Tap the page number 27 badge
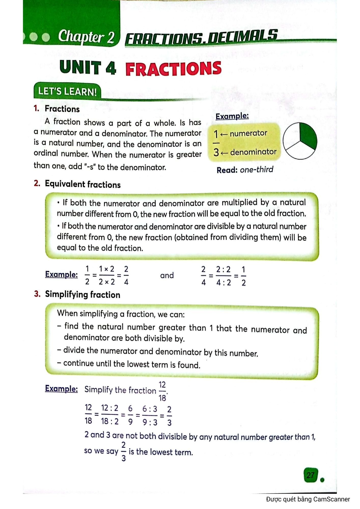pyautogui.click(x=310, y=475)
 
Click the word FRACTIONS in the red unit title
pyautogui.click(x=173, y=69)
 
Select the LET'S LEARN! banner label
pyautogui.click(x=67, y=91)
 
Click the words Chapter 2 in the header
pyautogui.click(x=86, y=37)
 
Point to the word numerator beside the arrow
pyautogui.click(x=248, y=133)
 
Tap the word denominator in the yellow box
pyautogui.click(x=253, y=152)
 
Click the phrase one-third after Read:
pyautogui.click(x=256, y=169)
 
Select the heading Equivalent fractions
pyautogui.click(x=82, y=184)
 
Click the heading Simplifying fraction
pyautogui.click(x=82, y=294)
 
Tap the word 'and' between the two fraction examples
pyautogui.click(x=167, y=275)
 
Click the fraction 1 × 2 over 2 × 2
pyautogui.click(x=107, y=275)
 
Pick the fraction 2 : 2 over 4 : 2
pyautogui.click(x=223, y=276)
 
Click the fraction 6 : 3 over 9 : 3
pyautogui.click(x=150, y=415)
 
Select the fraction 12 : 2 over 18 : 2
pyautogui.click(x=110, y=415)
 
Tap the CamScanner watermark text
pyautogui.click(x=308, y=499)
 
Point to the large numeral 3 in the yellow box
pyautogui.click(x=216, y=152)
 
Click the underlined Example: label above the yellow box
pyautogui.click(x=232, y=116)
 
